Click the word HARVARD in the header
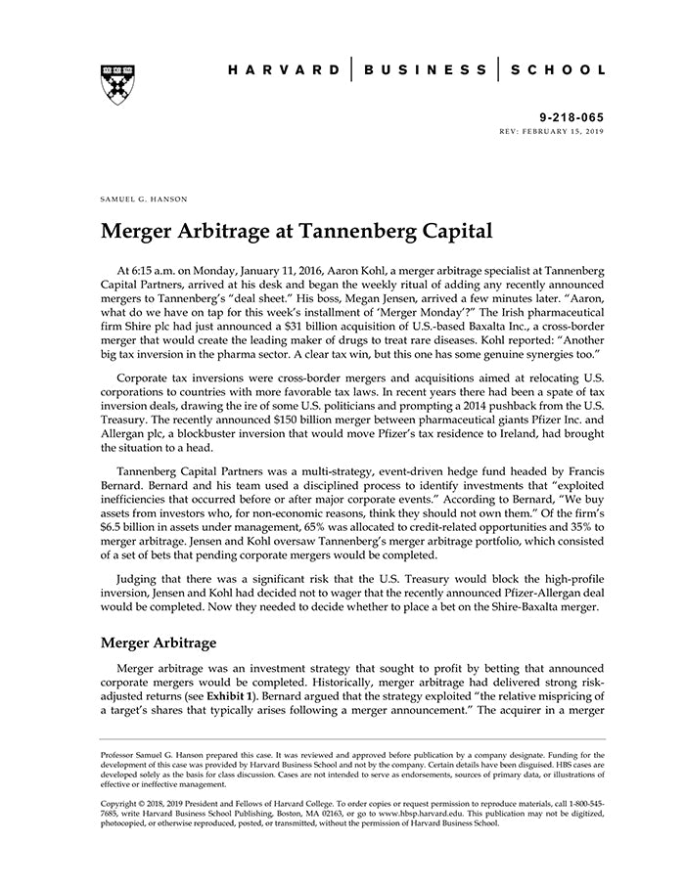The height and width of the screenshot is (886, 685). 285,70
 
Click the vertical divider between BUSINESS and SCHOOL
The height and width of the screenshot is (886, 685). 497,70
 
